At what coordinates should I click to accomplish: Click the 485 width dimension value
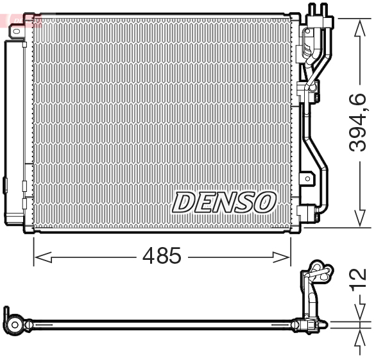pos(162,257)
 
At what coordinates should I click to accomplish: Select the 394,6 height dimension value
pos(358,123)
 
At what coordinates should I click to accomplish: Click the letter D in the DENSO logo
pos(184,202)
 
